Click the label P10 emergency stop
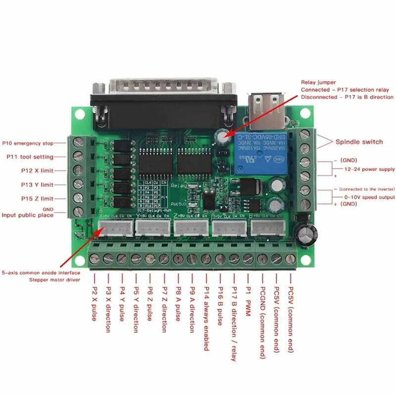(x=27, y=143)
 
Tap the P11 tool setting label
(x=30, y=157)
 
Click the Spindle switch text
(x=359, y=142)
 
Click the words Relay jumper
(x=318, y=82)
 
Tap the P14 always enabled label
(x=206, y=319)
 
